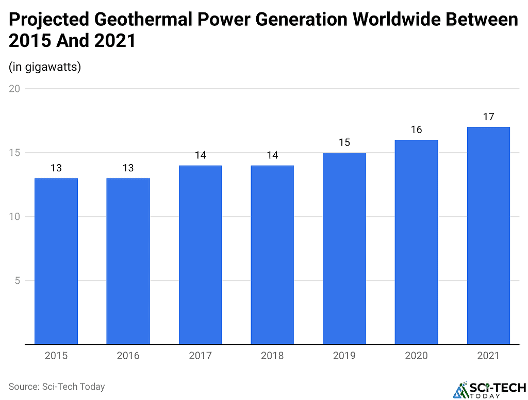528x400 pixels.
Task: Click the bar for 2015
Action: [56, 261]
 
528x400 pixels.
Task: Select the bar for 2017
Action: [200, 255]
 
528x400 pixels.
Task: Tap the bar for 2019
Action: [344, 248]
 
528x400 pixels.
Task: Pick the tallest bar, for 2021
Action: [488, 236]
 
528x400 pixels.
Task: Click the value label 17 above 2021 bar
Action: [488, 117]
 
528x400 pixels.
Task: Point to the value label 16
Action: [416, 130]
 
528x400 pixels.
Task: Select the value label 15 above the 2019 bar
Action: [344, 142]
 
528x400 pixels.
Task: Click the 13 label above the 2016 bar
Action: [128, 168]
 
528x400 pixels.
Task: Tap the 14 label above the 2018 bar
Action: [272, 155]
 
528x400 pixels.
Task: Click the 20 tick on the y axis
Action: [14, 89]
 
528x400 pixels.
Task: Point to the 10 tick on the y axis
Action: [14, 217]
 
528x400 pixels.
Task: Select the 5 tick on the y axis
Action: [17, 281]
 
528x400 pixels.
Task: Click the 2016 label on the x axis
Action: [128, 356]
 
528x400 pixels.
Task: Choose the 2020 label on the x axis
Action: [416, 356]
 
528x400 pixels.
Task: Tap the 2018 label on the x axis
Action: [272, 356]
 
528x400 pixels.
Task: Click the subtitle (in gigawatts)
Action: [45, 67]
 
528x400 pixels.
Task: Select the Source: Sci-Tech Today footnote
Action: [57, 386]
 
